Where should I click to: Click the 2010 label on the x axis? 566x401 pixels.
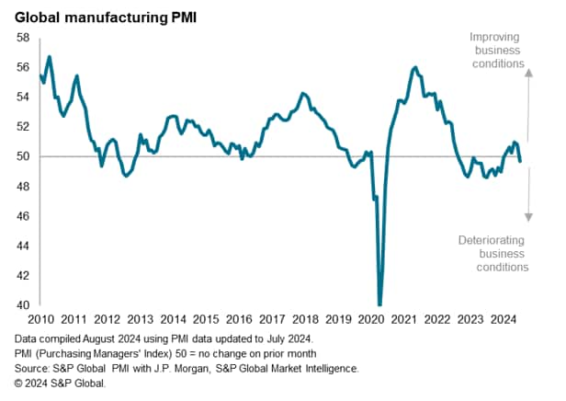coord(41,319)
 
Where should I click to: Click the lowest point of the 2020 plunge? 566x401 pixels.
coord(379,304)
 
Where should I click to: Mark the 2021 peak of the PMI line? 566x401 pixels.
coord(416,67)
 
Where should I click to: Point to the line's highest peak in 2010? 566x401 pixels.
coord(49,57)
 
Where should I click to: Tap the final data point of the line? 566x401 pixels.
coord(520,162)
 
